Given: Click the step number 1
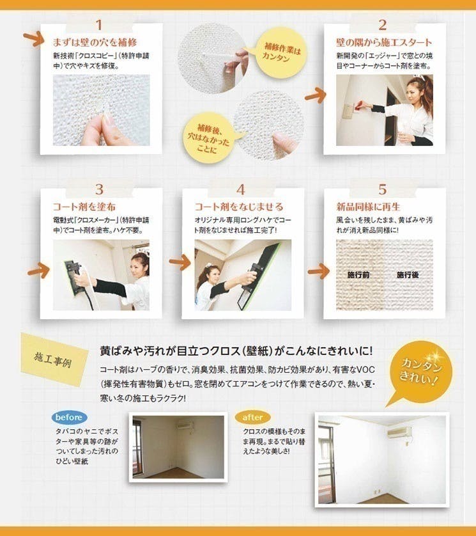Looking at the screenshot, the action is (98, 25).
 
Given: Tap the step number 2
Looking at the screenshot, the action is (383, 25).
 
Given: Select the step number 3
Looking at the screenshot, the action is (99, 189).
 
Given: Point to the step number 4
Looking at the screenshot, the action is (241, 190).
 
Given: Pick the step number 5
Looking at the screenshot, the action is (383, 189).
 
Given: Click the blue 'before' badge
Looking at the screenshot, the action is (69, 418).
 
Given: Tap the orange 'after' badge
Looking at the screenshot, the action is (252, 418).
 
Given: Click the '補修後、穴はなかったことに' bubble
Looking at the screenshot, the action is (209, 138).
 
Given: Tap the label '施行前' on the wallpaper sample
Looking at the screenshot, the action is (358, 274).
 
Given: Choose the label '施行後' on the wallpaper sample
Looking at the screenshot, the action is (408, 274).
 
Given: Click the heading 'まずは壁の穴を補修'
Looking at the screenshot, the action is (95, 42).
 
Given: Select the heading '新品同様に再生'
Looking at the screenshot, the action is (368, 207).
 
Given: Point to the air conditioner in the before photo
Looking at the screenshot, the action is (185, 426).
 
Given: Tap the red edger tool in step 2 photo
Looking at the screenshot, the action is (359, 106).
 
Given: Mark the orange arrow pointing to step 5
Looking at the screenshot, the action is (318, 271).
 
